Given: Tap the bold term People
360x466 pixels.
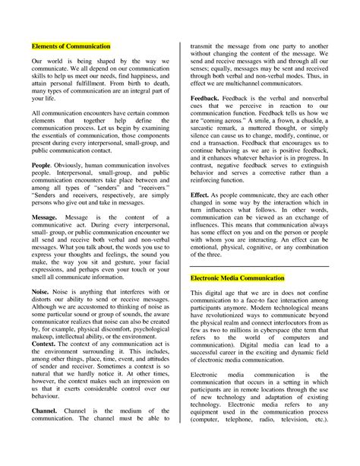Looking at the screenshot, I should [42, 164].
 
